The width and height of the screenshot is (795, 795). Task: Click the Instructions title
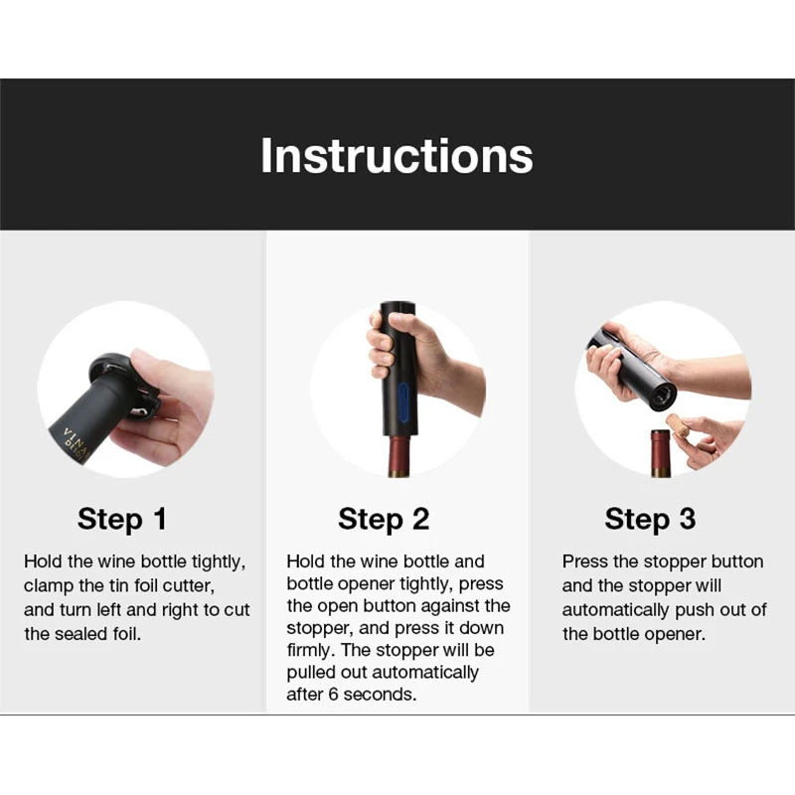tap(397, 156)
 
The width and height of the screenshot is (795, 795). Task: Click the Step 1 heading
tap(122, 519)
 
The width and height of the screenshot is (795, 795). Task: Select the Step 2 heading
tap(384, 519)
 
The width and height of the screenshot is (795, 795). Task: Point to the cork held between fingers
tap(679, 426)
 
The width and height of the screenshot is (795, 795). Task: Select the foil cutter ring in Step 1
tap(109, 370)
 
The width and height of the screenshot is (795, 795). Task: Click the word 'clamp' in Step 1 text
tap(50, 586)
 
